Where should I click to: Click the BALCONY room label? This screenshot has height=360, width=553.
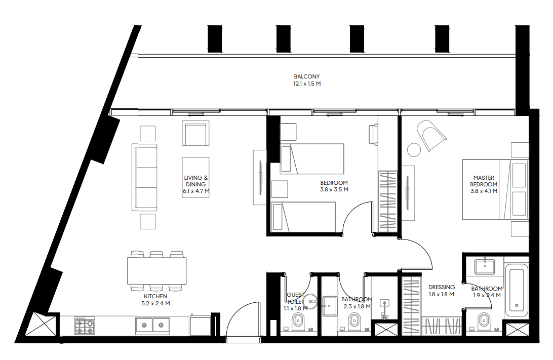pos(307,76)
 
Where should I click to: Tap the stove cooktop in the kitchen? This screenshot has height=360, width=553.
pos(85,326)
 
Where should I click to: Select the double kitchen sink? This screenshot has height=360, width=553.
pos(152,325)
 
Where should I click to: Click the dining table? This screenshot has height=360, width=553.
pos(156,271)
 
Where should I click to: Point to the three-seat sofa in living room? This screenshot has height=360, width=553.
pos(144,177)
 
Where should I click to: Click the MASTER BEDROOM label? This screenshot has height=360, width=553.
pos(484,181)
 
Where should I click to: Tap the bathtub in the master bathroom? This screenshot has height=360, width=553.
pos(517,291)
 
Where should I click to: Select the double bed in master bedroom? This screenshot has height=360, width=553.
pos(495,189)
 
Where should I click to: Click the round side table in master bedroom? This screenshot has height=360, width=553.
pos(414,150)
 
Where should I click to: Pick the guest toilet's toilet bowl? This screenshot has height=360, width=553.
pos(298,322)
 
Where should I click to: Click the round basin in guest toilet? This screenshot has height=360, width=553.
pos(311,301)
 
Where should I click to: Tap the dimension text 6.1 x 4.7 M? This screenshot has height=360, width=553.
pos(196,191)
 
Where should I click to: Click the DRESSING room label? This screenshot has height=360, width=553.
pos(442,288)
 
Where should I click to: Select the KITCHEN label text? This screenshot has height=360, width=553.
pos(155,297)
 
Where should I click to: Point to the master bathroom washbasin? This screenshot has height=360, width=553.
pos(485,266)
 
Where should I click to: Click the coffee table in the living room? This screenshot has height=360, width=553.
pos(196,177)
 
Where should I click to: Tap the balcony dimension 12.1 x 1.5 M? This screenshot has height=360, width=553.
pos(307,84)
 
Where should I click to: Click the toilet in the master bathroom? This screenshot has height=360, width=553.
pos(484,322)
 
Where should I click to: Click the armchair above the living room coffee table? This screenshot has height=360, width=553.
pos(196,133)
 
